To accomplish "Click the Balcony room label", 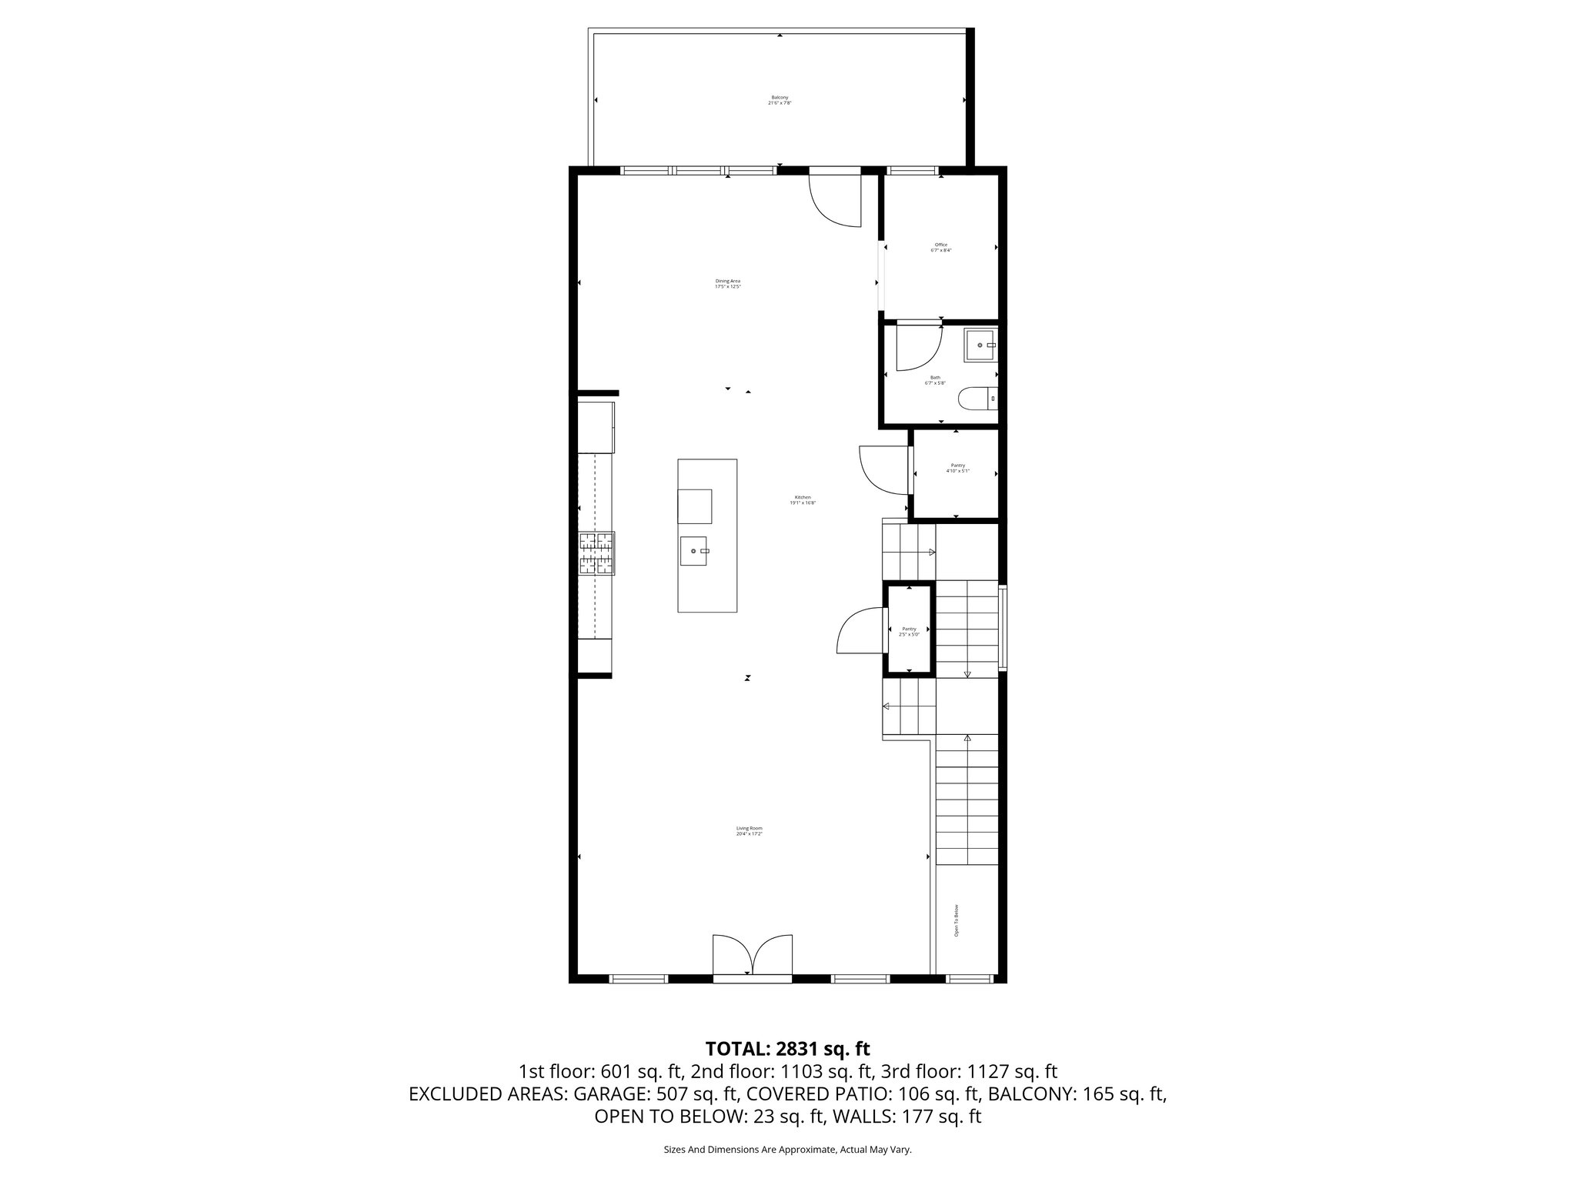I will tap(780, 100).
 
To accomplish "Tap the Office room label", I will tap(940, 248).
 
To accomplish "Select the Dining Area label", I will tap(727, 283).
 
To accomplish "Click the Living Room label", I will tap(749, 831).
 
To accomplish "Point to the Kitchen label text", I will tap(803, 499).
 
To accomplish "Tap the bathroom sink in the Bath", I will tap(980, 346).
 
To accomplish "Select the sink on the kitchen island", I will tap(695, 551).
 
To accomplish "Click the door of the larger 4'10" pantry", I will tap(883, 469).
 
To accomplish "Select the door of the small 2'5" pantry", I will tap(861, 630).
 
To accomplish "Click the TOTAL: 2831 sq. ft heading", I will tap(787, 1048).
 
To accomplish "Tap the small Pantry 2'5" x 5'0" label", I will tap(909, 632).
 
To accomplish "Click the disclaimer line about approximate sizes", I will tap(787, 1150).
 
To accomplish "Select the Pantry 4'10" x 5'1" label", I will tap(957, 468).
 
